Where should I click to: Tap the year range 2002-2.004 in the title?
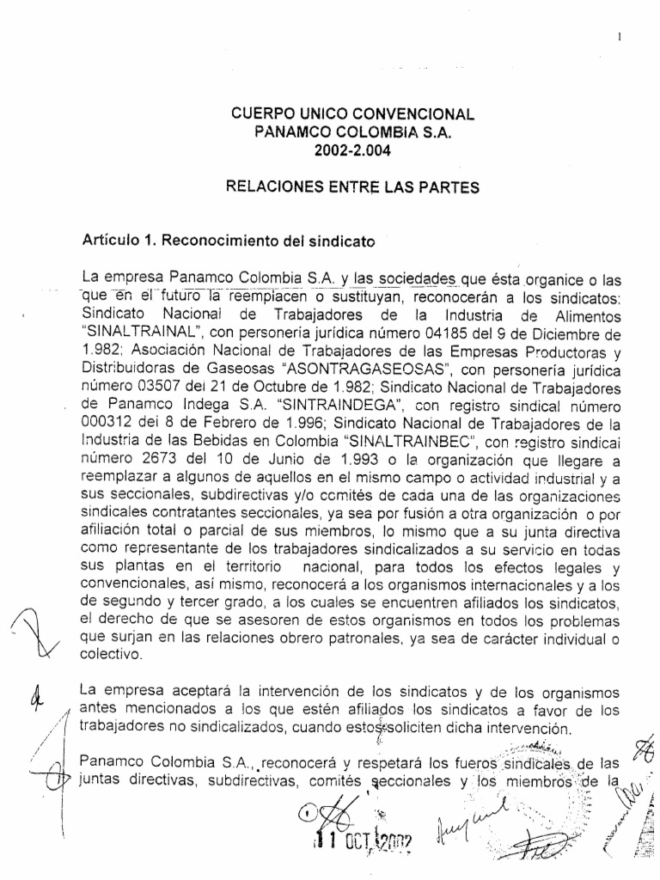(348, 150)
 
